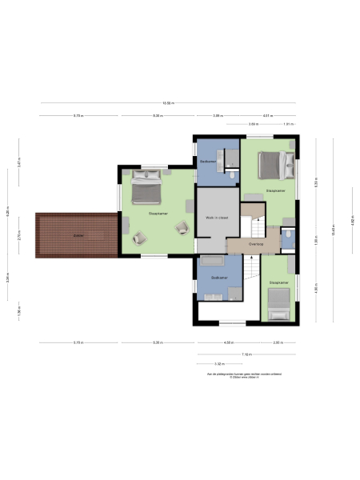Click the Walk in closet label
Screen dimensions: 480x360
217,217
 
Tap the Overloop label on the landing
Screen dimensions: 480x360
255,244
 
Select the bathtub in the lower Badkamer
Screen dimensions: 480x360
212,262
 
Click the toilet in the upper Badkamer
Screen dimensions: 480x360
231,175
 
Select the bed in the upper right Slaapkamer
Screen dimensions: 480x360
274,166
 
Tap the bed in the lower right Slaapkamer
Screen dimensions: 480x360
278,302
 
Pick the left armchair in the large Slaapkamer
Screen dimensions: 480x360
141,237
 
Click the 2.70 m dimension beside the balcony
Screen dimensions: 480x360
18,238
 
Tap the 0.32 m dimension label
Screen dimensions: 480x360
218,363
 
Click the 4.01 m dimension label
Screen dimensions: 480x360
267,115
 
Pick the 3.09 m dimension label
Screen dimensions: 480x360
253,124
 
